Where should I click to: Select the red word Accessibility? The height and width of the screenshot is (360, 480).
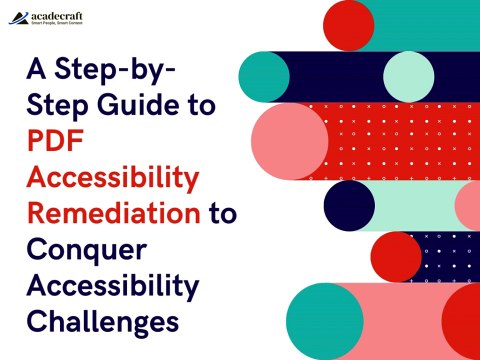pyautogui.click(x=111, y=178)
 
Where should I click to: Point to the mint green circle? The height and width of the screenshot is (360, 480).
pyautogui.click(x=408, y=76)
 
